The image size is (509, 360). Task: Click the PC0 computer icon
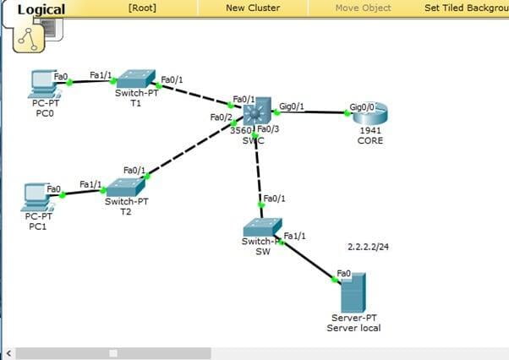(x=41, y=83)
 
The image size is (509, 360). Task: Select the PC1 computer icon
(x=36, y=196)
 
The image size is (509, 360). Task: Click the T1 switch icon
(x=135, y=79)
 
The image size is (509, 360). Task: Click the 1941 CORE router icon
(x=369, y=114)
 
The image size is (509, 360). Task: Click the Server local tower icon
(x=352, y=292)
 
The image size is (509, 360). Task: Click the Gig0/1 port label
(x=291, y=107)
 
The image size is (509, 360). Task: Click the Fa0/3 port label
(x=268, y=129)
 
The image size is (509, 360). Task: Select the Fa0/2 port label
(x=222, y=117)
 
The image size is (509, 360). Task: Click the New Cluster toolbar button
(x=253, y=8)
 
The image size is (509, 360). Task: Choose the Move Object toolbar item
(x=364, y=8)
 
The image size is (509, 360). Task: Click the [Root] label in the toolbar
(x=142, y=8)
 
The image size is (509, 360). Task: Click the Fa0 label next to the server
(x=343, y=273)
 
